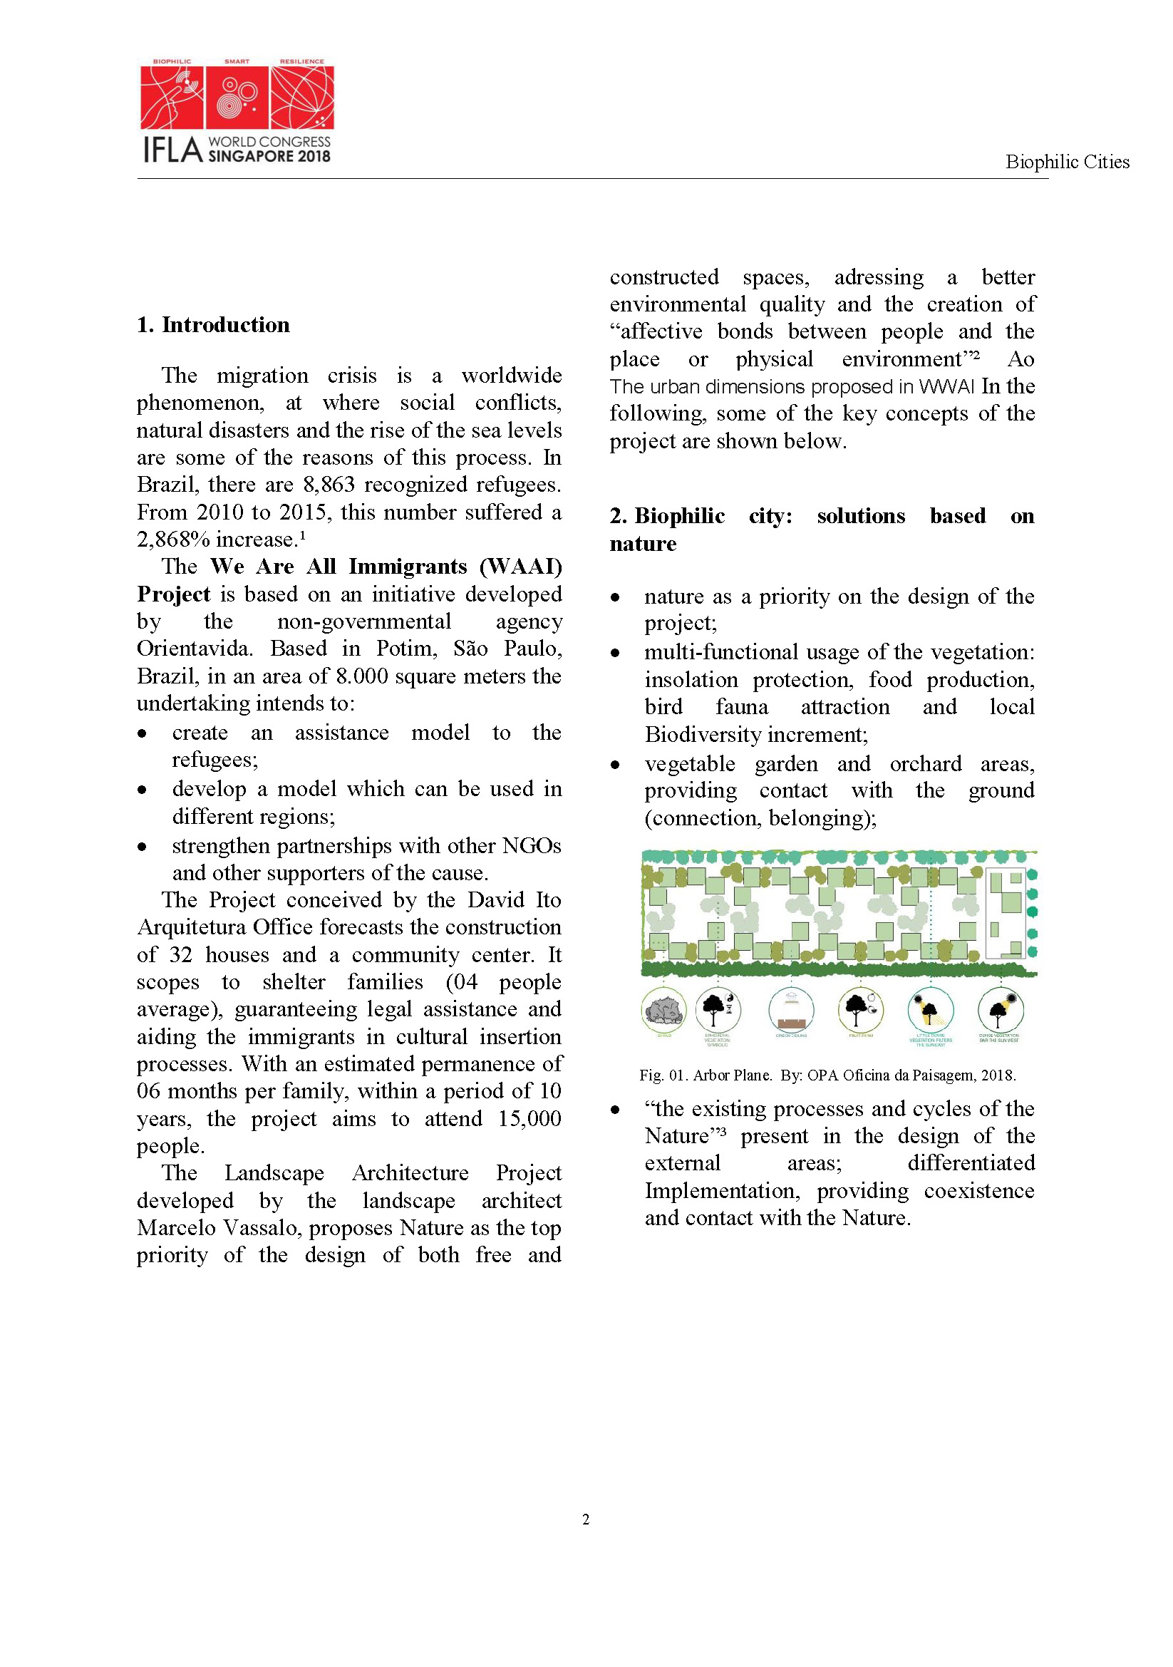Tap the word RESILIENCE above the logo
click(302, 62)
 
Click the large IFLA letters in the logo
click(172, 150)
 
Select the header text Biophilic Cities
click(1066, 162)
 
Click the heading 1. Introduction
click(213, 324)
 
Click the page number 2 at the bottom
click(586, 1519)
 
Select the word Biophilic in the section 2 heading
click(679, 516)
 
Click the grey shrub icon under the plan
click(664, 1009)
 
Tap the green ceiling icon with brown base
click(790, 1010)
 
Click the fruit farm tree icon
click(860, 1009)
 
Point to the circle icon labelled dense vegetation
click(1001, 1009)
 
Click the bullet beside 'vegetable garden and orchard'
click(616, 765)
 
